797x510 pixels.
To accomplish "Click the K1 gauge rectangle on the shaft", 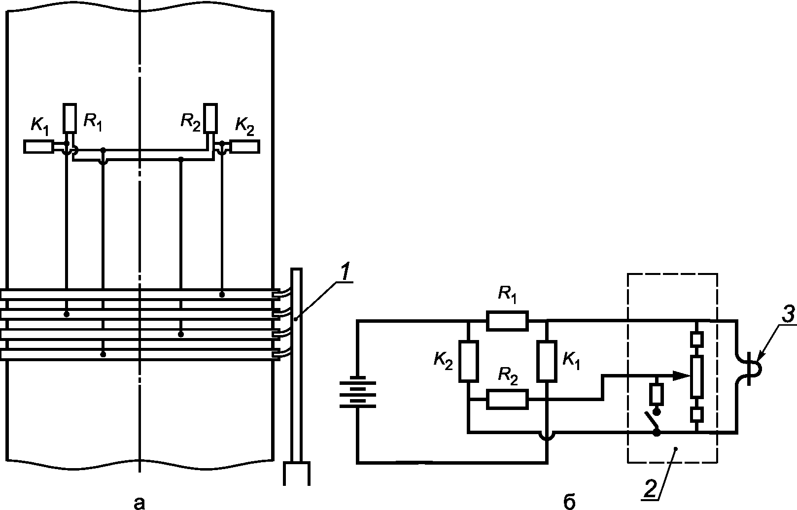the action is pos(39,146).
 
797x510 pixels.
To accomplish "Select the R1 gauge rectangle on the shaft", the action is pos(69,118).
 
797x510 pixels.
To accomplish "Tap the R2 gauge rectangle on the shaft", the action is pos(210,118).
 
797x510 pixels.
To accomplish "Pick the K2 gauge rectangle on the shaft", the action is pos(245,146).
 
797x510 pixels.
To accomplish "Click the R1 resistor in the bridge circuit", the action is pos(507,321).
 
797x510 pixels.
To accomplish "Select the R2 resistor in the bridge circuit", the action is pos(507,399).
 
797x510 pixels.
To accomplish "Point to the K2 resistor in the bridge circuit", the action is pos(469,361).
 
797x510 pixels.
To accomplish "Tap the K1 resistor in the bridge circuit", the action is pos(547,361).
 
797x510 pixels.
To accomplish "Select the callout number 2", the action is pos(650,490).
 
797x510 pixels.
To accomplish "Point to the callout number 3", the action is pos(789,315).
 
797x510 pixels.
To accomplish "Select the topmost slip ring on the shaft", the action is pos(139,294).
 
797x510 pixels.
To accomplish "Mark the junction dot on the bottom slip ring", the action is pos(103,354).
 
